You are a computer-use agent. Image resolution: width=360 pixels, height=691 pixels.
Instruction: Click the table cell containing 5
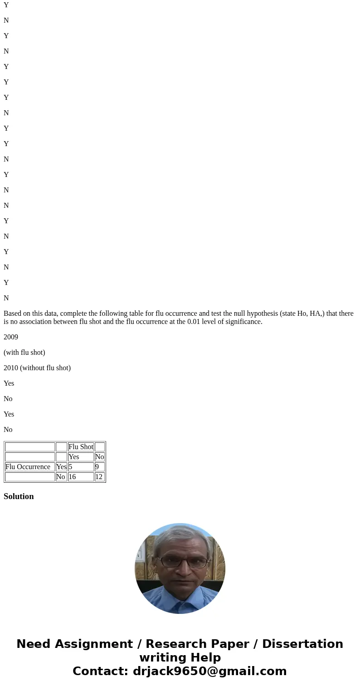tap(80, 467)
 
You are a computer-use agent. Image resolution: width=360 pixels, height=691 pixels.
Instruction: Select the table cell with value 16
tap(80, 477)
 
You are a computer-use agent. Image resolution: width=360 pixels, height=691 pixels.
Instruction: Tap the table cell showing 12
tap(99, 477)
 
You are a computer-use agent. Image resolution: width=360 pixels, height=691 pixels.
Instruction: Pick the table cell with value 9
tap(99, 467)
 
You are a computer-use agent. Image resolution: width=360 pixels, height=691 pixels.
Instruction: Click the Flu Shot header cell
tap(81, 447)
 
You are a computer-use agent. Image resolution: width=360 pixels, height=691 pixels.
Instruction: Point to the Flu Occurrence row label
tap(28, 467)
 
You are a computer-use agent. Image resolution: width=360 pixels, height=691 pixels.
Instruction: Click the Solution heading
tap(19, 496)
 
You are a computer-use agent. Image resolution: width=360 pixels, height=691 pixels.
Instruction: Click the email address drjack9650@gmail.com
tap(209, 671)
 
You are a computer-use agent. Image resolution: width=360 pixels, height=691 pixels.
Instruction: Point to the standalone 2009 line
tap(11, 337)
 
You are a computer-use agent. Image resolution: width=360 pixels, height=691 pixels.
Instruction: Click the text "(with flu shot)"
tap(24, 353)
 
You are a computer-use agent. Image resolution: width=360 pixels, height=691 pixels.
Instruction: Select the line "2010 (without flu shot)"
tap(37, 368)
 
